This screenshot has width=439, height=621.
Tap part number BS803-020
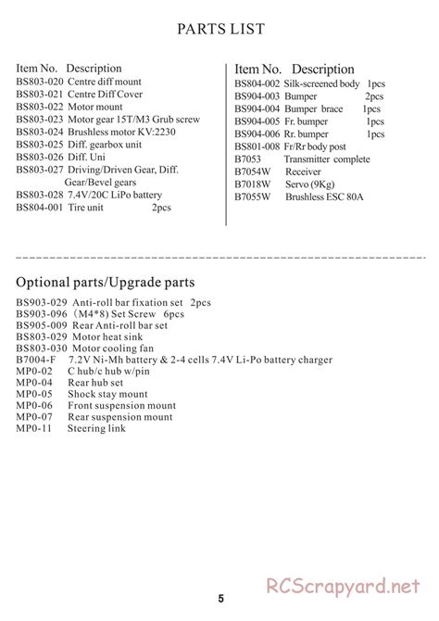click(39, 82)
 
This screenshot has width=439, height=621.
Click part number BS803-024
click(39, 132)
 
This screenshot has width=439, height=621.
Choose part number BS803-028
click(39, 195)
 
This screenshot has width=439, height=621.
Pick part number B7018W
click(252, 184)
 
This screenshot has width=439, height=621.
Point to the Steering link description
click(95, 429)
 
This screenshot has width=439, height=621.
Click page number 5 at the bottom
click(219, 598)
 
